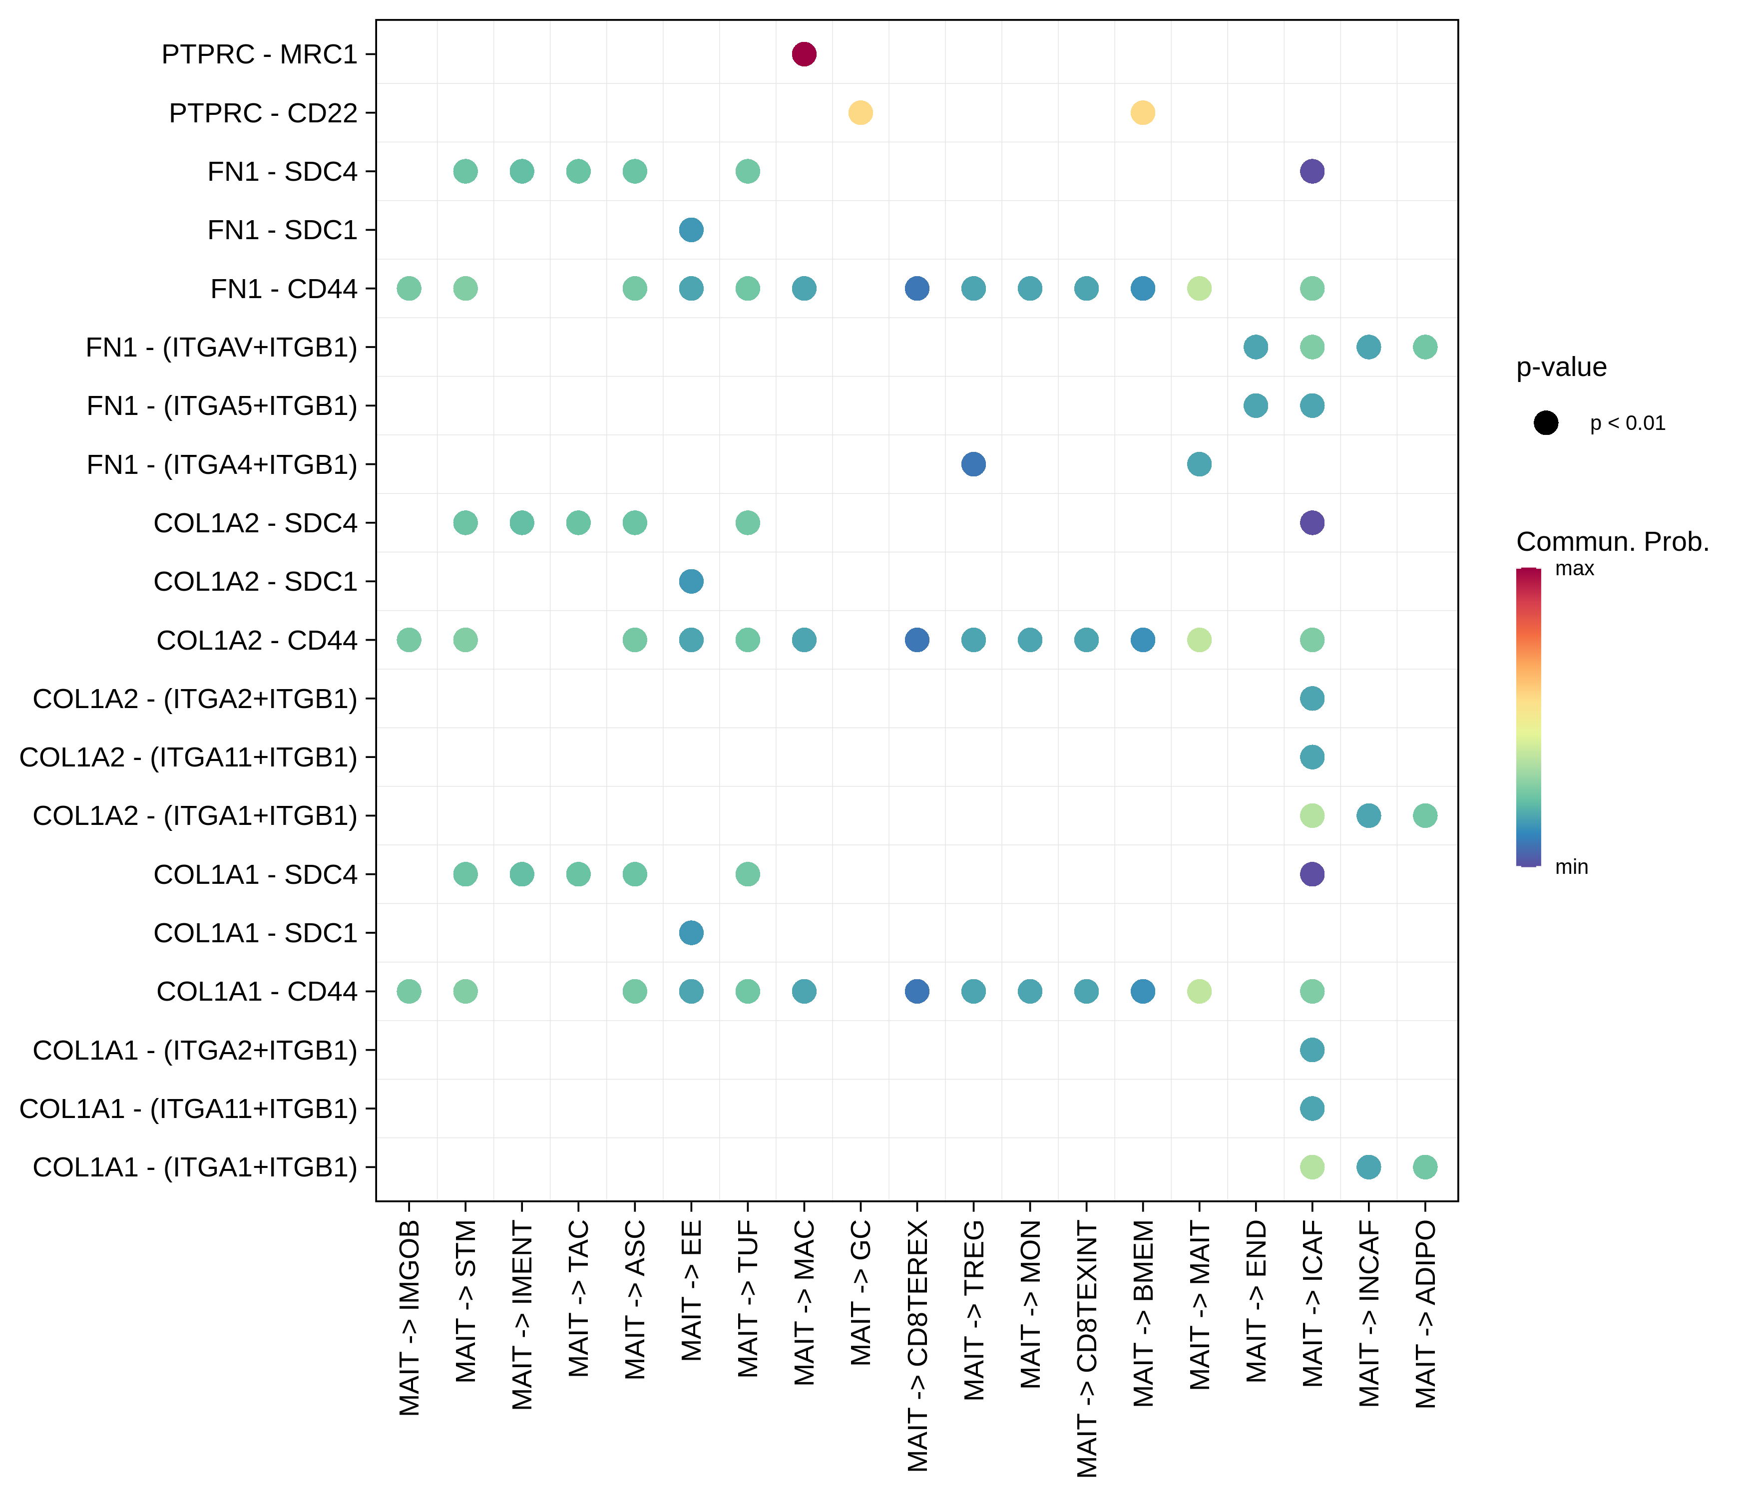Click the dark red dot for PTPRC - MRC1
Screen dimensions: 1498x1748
[804, 54]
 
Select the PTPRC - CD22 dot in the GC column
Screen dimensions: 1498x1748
[860, 112]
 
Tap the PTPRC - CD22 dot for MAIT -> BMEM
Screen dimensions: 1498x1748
[1142, 112]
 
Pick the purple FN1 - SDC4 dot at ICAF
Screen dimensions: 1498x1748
[1312, 171]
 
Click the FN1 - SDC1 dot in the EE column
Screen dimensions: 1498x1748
[691, 229]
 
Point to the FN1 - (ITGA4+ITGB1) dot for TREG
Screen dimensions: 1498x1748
[973, 464]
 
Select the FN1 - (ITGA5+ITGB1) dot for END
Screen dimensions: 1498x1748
[1256, 405]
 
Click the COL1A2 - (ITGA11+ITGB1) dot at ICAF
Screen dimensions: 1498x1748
[1312, 756]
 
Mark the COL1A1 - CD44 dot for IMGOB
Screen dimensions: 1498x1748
[409, 991]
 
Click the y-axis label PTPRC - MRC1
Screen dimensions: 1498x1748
[259, 54]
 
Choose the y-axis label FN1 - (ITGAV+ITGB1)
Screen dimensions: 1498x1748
[221, 347]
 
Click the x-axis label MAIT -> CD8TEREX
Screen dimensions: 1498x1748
[918, 1345]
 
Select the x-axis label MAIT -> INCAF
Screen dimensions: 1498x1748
[1368, 1313]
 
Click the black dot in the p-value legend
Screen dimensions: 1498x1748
[1546, 422]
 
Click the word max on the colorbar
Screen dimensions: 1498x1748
[1574, 569]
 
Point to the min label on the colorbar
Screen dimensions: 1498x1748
[1571, 867]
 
